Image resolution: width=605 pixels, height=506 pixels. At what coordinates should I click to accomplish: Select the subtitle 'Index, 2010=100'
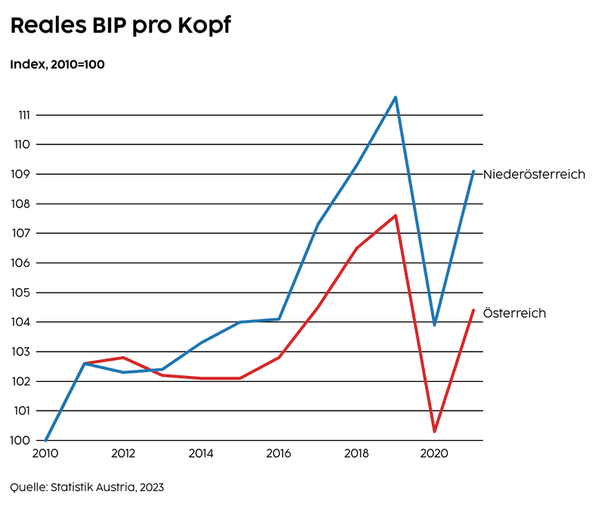coord(57,64)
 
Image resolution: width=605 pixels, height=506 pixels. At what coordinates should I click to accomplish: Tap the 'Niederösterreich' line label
coord(534,174)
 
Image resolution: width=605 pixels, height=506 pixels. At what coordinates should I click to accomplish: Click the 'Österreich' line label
coord(514,313)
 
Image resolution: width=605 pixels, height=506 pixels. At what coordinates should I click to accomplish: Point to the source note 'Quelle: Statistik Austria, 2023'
coord(87,486)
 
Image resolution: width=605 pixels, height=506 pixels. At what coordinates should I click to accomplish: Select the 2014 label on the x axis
coord(200,455)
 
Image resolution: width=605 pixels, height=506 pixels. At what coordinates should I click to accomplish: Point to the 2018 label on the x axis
coord(356,455)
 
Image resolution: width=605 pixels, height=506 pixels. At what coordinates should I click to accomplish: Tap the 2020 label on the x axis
coord(434,455)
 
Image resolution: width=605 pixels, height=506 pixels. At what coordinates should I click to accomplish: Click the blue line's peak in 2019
coord(396,98)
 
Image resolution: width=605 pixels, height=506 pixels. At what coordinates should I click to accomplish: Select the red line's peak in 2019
coord(396,216)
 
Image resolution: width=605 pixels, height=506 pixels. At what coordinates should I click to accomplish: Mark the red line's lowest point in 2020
coord(434,431)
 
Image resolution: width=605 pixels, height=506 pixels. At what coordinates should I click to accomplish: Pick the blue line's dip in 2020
coord(434,324)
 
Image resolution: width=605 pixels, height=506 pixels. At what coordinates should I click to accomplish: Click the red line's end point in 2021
coord(473,310)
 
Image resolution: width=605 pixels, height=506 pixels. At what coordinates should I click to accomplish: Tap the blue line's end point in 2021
coord(473,171)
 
